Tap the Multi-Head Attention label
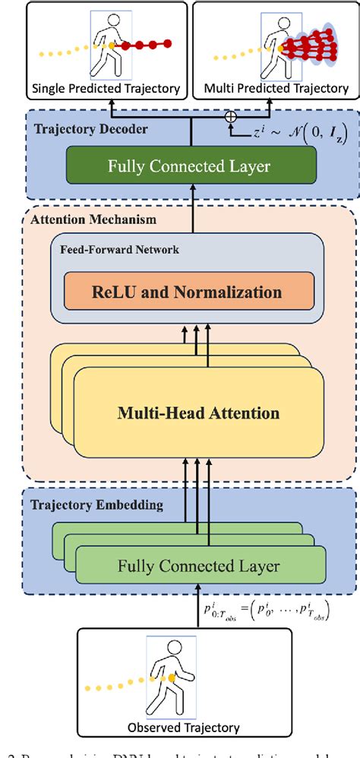coord(198,413)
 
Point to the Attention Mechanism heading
coord(84,219)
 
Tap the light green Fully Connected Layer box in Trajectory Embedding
coord(199,566)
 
